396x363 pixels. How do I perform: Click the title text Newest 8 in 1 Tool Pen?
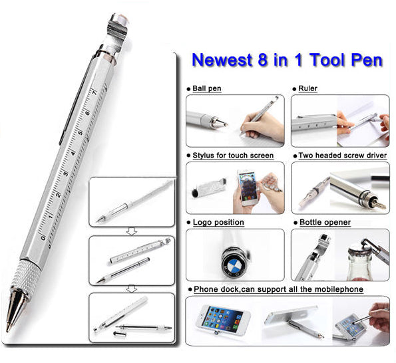(287, 60)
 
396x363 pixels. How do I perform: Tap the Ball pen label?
(208, 88)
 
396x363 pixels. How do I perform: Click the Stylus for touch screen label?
(233, 155)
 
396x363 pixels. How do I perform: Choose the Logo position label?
(218, 222)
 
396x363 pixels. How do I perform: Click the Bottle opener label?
(325, 222)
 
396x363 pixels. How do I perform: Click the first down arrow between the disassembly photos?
(131, 230)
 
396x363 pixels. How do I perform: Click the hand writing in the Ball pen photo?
(263, 122)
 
